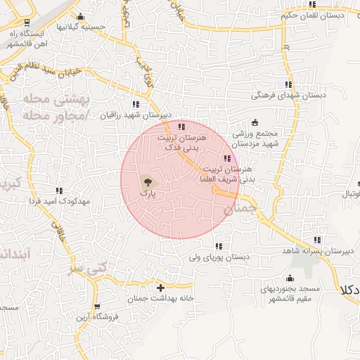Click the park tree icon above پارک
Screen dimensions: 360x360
pos(146,181)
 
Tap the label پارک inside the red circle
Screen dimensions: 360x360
pos(147,191)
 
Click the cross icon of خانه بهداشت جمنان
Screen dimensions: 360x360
pos(161,288)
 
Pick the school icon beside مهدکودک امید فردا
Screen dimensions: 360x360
pos(59,190)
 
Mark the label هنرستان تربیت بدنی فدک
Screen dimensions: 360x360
pos(181,144)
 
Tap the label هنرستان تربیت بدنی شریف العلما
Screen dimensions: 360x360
pos(227,174)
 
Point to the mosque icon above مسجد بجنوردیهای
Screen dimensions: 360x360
pos(290,277)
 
